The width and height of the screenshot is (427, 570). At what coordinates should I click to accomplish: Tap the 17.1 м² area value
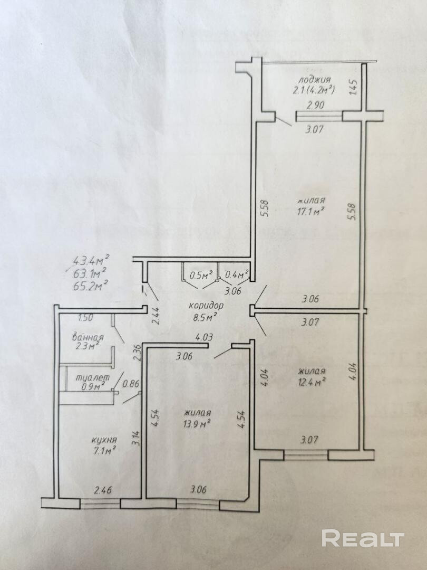[310, 211]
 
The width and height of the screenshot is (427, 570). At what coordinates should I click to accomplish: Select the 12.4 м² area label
[310, 382]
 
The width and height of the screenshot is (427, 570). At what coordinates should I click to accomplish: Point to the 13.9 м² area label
[198, 423]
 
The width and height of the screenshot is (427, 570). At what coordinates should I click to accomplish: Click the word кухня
[104, 440]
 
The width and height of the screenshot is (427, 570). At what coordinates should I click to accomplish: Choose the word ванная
[88, 337]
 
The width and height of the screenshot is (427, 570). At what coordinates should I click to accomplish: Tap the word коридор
[206, 306]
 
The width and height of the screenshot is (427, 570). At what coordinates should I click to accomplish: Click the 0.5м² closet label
[200, 274]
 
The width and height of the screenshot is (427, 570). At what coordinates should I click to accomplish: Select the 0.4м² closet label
[236, 274]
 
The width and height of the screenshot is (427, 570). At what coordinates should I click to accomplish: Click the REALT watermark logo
[363, 538]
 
